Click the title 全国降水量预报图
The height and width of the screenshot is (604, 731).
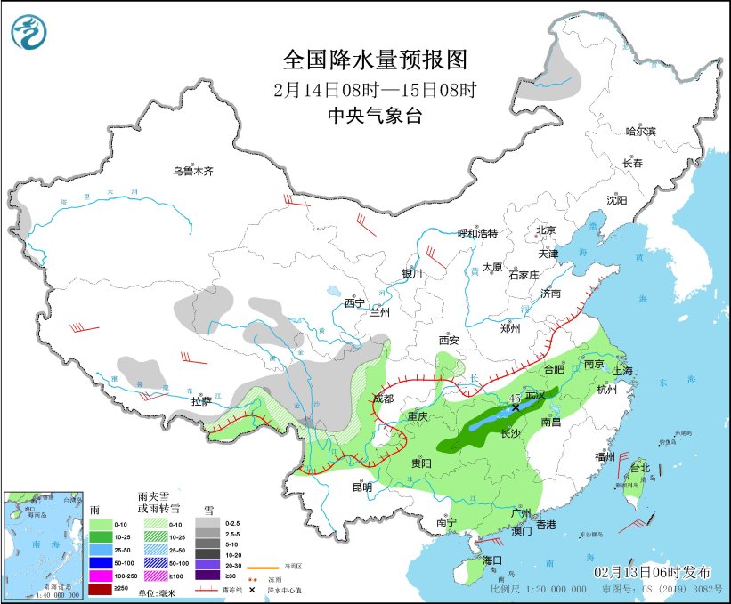[374, 60]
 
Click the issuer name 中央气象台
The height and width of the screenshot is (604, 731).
[374, 115]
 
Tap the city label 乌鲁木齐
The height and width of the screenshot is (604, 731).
[193, 171]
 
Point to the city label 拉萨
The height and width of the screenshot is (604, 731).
[202, 401]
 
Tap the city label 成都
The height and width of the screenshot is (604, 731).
[383, 398]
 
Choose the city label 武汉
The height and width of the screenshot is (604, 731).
[535, 393]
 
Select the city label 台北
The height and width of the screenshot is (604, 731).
[640, 468]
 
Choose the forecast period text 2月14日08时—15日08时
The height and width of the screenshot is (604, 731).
[374, 89]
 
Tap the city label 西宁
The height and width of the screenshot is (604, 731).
[354, 303]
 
